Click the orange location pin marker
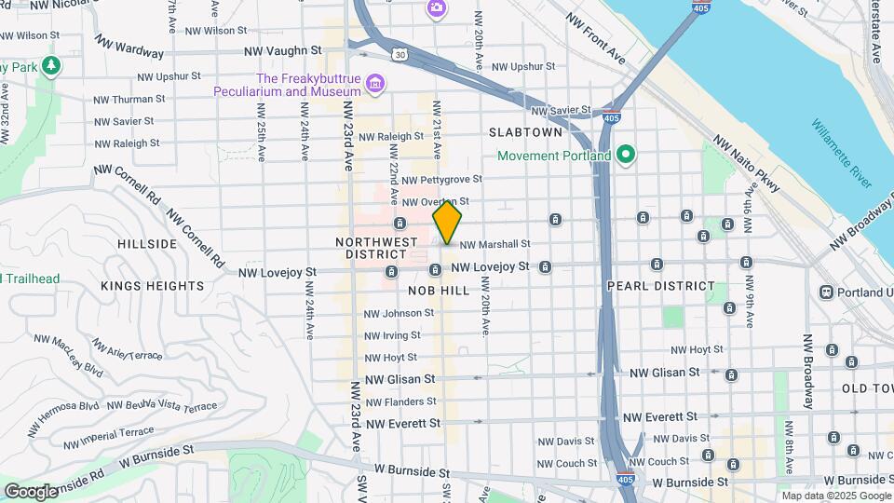click(x=447, y=222)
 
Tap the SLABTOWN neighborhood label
click(x=526, y=132)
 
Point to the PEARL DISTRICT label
click(x=661, y=286)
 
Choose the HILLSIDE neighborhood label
click(x=147, y=243)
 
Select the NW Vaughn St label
click(x=282, y=50)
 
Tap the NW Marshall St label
click(x=494, y=244)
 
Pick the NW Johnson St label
click(x=399, y=313)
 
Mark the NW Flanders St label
click(x=400, y=402)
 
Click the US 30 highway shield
click(x=399, y=55)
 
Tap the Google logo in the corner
click(x=31, y=490)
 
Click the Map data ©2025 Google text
click(x=835, y=496)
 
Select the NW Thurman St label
click(x=129, y=98)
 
